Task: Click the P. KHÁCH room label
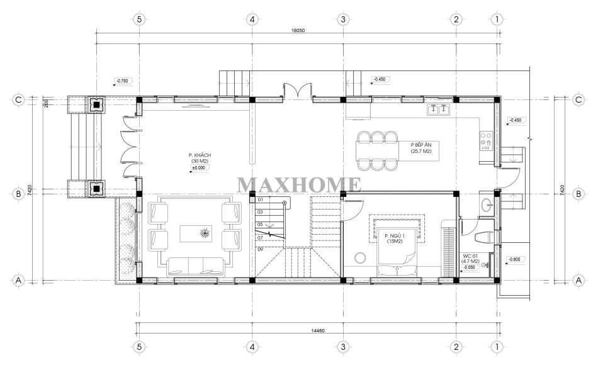[x=200, y=155]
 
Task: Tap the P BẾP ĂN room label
[x=421, y=145]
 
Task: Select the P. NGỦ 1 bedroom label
[x=395, y=235]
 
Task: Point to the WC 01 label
[x=470, y=255]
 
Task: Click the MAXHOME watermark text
[x=299, y=185]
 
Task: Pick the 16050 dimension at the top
[x=298, y=30]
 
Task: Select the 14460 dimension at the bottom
[x=318, y=331]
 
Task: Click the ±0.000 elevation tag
[x=199, y=167]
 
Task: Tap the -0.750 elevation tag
[x=122, y=81]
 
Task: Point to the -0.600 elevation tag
[x=514, y=259]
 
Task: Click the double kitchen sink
[x=439, y=109]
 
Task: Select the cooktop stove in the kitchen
[x=486, y=140]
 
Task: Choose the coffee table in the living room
[x=196, y=233]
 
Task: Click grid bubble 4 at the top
[x=252, y=19]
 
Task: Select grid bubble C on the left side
[x=18, y=100]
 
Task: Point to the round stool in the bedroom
[x=360, y=258]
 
